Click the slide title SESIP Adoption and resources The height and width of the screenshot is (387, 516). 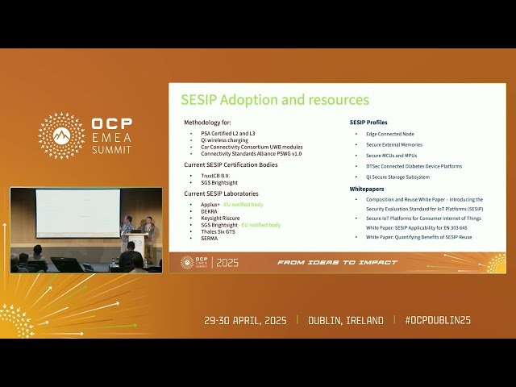click(274, 100)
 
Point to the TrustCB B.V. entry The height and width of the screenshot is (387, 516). click(217, 175)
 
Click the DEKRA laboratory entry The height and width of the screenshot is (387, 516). click(210, 211)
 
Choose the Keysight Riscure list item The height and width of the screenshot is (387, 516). click(220, 218)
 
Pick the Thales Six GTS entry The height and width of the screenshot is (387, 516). click(220, 232)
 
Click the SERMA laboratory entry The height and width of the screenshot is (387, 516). click(210, 239)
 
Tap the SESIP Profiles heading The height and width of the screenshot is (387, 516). click(368, 122)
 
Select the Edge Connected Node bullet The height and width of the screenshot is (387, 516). click(391, 133)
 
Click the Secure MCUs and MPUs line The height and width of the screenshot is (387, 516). click(393, 155)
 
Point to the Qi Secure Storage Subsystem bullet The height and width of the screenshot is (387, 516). click(397, 177)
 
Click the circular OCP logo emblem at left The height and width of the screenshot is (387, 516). click(61, 135)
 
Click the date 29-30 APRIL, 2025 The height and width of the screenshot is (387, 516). click(246, 320)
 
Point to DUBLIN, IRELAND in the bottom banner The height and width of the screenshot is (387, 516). click(346, 320)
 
